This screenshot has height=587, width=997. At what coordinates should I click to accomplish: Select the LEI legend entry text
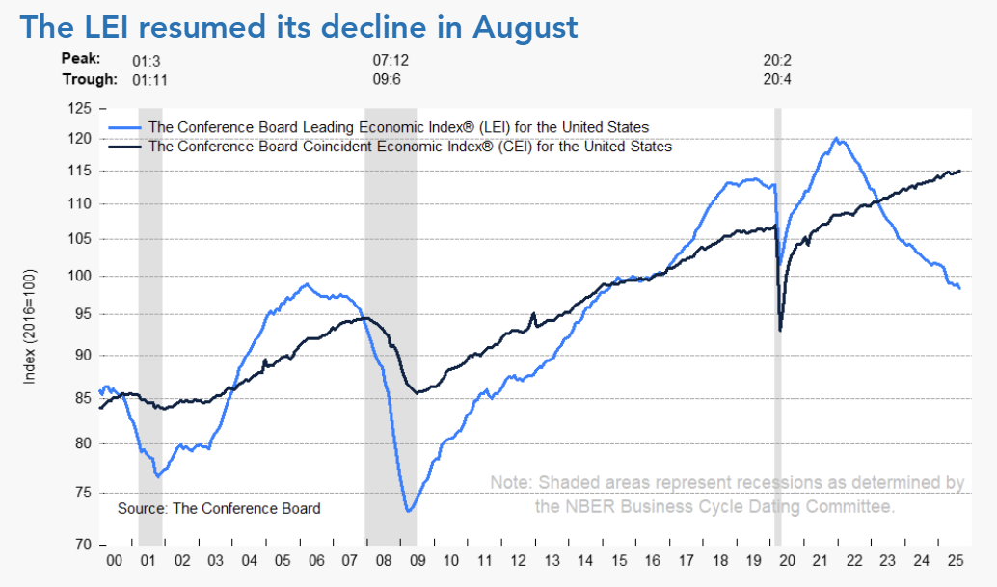395,127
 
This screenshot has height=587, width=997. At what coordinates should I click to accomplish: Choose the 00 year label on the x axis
113,560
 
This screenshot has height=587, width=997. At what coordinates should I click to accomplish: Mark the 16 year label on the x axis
652,560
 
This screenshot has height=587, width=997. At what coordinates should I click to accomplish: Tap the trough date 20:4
777,79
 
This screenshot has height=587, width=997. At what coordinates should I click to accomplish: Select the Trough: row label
90,79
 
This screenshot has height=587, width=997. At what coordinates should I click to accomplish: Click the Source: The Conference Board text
219,508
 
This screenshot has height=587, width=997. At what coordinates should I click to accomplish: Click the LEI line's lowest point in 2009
409,511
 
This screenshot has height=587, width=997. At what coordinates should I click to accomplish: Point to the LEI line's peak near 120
835,139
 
